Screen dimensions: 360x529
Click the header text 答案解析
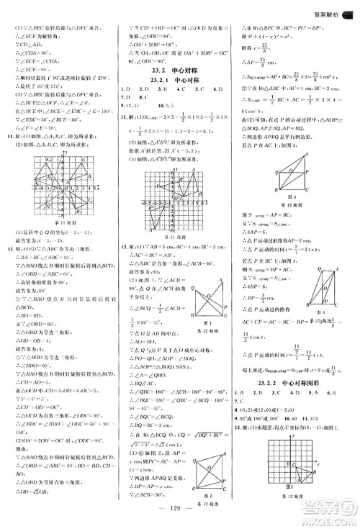click(323, 9)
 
